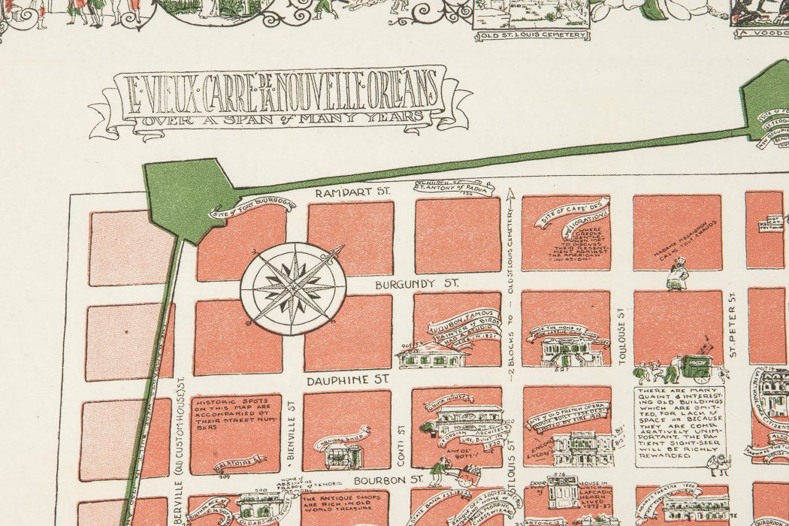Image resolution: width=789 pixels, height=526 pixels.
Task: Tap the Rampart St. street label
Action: click(353, 193)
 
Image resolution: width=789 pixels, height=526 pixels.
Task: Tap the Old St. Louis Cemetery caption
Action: click(531, 35)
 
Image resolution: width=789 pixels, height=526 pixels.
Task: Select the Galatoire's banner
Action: click(240, 461)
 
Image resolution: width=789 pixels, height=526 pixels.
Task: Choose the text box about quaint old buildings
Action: click(680, 425)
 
